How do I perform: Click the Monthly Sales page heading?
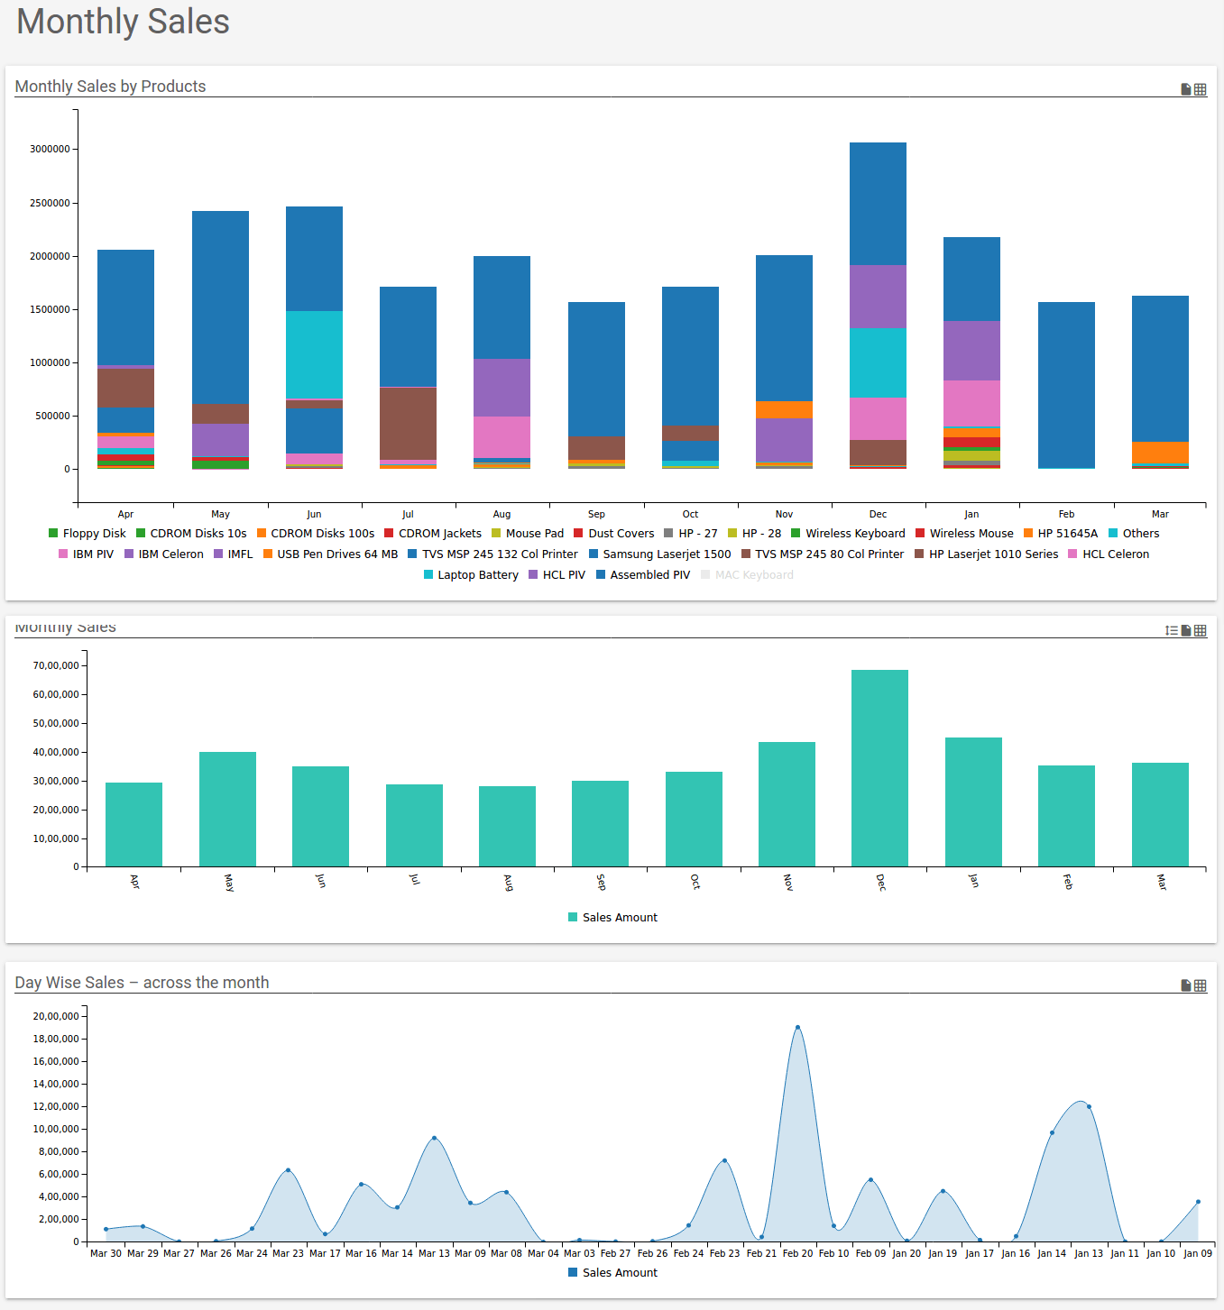[x=123, y=22]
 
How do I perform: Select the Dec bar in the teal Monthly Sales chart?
[x=879, y=767]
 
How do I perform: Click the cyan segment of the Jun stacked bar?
[x=314, y=354]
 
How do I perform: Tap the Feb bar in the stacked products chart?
[x=1066, y=385]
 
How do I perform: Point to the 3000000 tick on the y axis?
[x=50, y=150]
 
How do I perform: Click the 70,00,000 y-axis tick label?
[x=56, y=666]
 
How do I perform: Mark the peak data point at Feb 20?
[x=797, y=1028]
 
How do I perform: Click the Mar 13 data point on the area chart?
[x=434, y=1138]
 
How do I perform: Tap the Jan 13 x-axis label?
[x=1088, y=1253]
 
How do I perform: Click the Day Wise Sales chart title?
[x=142, y=983]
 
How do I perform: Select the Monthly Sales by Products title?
[x=110, y=87]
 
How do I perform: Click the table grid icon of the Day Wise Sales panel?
[x=1200, y=986]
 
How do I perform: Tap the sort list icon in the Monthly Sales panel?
[x=1171, y=631]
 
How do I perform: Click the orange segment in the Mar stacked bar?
[x=1160, y=452]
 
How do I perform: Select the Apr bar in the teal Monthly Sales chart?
[x=133, y=824]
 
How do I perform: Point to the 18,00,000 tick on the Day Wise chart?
[x=56, y=1040]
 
